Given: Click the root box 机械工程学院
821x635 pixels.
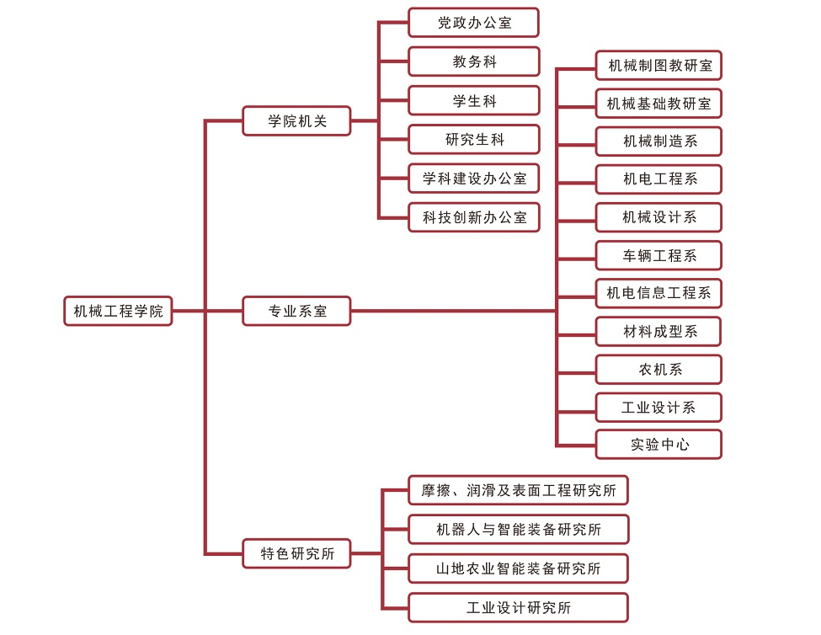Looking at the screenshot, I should click(x=118, y=311).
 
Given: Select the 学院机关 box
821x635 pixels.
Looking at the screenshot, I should click(x=296, y=120).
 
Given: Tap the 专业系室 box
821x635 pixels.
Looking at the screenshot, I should click(x=296, y=311).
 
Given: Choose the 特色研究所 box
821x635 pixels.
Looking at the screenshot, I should click(x=296, y=553).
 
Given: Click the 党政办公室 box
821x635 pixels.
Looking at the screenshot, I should click(x=473, y=23).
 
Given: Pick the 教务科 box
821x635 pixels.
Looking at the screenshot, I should click(x=473, y=61).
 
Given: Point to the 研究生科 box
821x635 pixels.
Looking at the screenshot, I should click(x=473, y=139).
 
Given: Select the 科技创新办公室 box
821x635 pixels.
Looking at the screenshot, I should click(x=473, y=216).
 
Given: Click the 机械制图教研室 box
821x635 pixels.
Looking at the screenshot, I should click(x=658, y=65).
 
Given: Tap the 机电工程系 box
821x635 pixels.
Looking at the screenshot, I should click(x=658, y=179).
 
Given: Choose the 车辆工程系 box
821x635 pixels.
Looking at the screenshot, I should click(x=658, y=255).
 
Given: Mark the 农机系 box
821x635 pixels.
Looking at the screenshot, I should click(x=658, y=369).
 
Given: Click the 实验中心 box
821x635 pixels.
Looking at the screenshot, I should click(x=658, y=444).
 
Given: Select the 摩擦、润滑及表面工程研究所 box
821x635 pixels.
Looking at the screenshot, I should click(x=518, y=490).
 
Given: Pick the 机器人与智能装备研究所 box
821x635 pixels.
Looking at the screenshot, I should click(x=518, y=529).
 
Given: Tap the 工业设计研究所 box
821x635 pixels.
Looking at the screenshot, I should click(x=518, y=607).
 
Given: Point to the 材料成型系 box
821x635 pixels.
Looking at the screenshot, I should click(x=658, y=331).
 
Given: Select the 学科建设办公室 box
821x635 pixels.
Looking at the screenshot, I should click(x=473, y=178).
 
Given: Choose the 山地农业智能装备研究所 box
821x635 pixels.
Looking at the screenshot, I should click(x=518, y=568).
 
